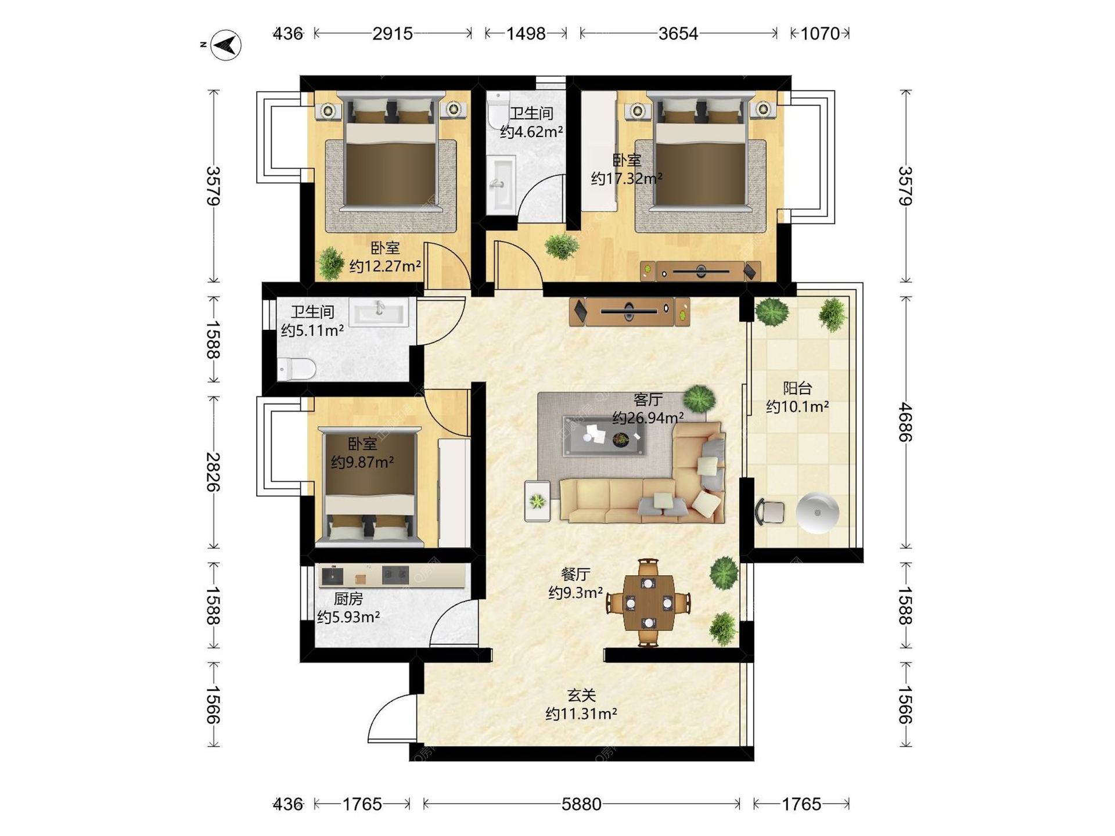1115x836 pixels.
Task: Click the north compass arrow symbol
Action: [x=226, y=45]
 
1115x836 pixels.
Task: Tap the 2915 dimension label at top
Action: [x=393, y=34]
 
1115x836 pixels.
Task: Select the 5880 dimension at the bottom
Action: [x=581, y=804]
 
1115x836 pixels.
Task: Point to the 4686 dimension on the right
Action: [x=905, y=422]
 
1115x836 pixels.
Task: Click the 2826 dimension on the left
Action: [x=214, y=471]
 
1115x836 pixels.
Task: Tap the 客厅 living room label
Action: [x=648, y=399]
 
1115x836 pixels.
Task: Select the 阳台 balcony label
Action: [x=797, y=388]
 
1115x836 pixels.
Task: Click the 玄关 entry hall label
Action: [x=581, y=695]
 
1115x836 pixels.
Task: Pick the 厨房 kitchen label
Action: [x=348, y=598]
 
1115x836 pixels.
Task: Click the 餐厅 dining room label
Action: [x=576, y=574]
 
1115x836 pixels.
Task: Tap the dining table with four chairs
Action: [x=648, y=603]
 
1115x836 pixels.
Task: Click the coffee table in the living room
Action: [x=603, y=435]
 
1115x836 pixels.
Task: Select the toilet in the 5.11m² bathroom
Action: [x=297, y=369]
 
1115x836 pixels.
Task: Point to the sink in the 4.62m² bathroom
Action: [x=501, y=184]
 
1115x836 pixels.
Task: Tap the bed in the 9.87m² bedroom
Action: [x=370, y=487]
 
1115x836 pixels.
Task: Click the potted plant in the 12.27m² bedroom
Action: [x=332, y=263]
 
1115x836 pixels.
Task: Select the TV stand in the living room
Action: [x=630, y=312]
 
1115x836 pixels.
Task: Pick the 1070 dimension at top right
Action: [x=820, y=34]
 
